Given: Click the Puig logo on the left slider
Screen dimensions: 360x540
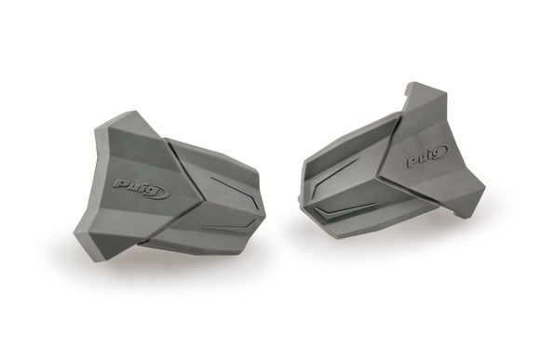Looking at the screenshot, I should (141, 188).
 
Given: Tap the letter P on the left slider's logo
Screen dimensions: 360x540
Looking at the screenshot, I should (122, 184).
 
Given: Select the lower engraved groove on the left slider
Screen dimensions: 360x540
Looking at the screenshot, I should (223, 226).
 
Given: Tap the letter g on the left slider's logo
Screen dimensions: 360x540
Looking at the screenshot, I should (159, 193).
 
